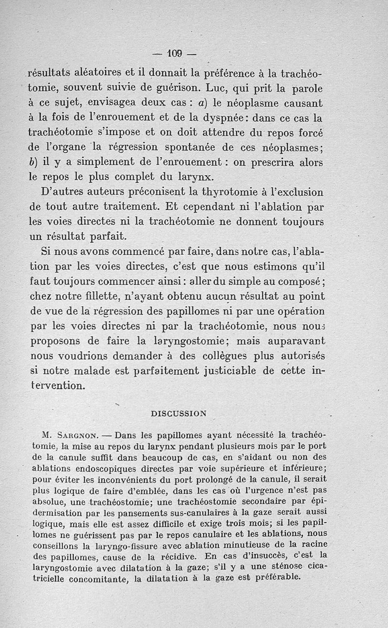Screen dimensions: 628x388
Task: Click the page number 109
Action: [173, 52]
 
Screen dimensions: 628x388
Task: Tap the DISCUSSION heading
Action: [178, 413]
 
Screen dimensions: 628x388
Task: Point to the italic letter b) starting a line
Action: [34, 163]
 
